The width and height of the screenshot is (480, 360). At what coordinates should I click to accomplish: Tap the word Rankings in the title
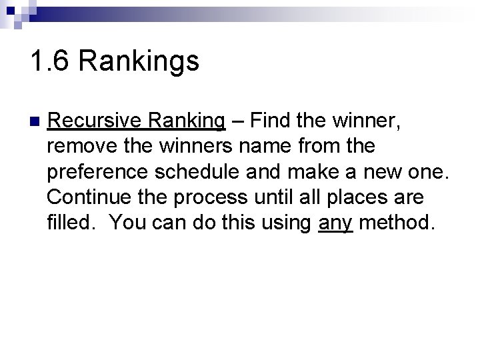click(x=139, y=62)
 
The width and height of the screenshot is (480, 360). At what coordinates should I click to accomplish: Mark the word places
click(x=348, y=198)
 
